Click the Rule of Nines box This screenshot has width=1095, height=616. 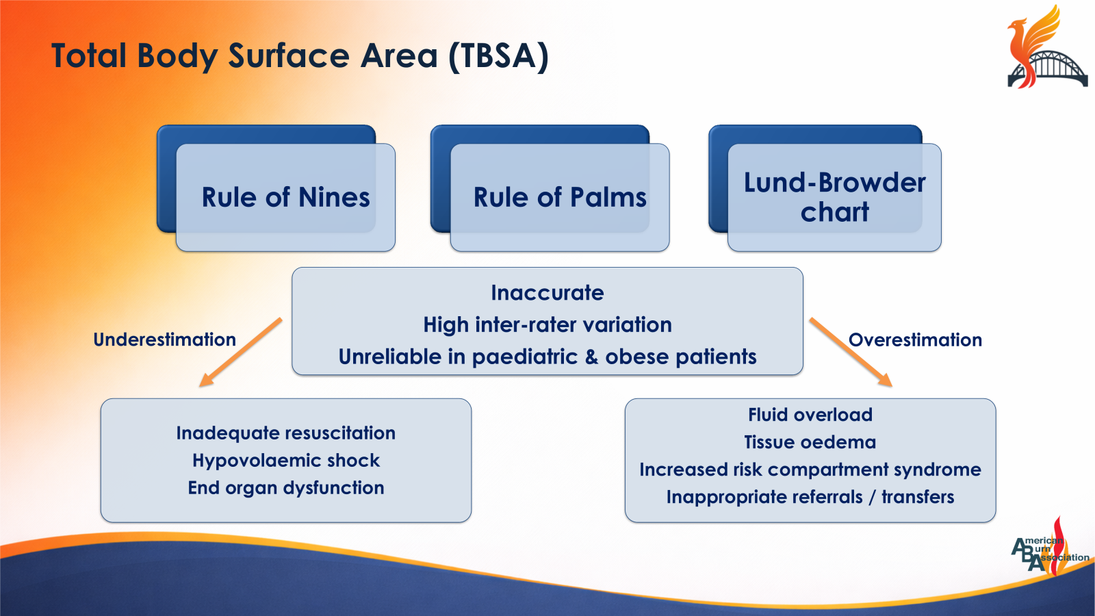tap(285, 197)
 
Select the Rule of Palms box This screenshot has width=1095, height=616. tap(560, 197)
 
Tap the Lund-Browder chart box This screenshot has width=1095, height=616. tap(834, 197)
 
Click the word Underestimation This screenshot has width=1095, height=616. tap(164, 339)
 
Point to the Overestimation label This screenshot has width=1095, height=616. tap(915, 339)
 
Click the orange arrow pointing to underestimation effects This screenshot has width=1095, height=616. tap(241, 352)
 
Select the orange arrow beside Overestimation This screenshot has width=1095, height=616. tap(851, 352)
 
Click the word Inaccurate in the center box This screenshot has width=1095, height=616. tap(547, 293)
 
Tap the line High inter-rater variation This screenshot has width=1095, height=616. tap(547, 324)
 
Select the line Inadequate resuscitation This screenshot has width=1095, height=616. tap(285, 433)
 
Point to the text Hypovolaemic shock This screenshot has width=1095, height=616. tap(285, 461)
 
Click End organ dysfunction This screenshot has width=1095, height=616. tap(285, 488)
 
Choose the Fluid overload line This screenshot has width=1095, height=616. tap(810, 415)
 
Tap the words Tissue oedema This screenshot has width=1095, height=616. tap(810, 442)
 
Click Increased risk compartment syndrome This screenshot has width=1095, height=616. tap(810, 470)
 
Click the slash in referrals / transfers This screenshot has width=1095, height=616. tap(872, 498)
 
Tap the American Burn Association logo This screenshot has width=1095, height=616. tap(1047, 550)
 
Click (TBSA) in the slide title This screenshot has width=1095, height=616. tap(498, 56)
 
